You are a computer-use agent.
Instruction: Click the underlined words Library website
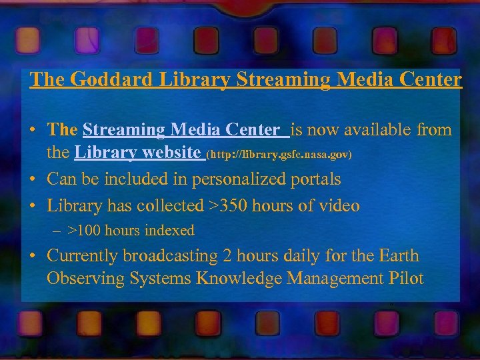(x=138, y=153)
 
